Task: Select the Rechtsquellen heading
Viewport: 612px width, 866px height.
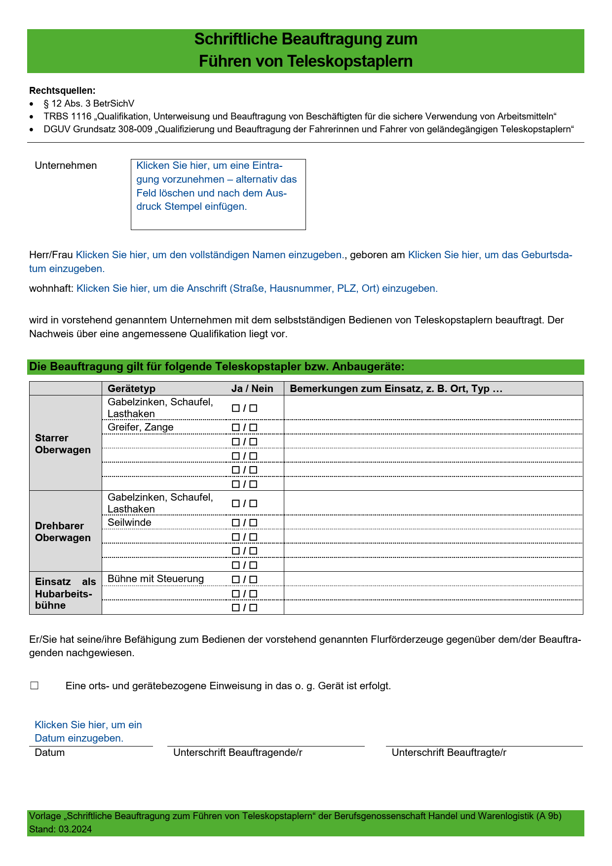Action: click(x=62, y=90)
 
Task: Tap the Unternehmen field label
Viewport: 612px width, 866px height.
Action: click(x=66, y=165)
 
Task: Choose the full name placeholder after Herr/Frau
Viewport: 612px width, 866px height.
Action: click(x=210, y=255)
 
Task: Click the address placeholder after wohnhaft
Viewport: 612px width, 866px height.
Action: click(x=257, y=288)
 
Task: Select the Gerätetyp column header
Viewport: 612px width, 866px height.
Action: click(x=131, y=389)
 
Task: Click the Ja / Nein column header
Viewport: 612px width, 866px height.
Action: click(x=252, y=389)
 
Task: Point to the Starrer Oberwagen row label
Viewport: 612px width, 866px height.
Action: click(x=63, y=444)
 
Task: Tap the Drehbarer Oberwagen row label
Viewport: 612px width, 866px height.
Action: click(x=63, y=532)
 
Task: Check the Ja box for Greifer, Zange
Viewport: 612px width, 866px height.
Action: click(x=236, y=428)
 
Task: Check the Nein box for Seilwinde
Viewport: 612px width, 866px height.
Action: click(x=254, y=523)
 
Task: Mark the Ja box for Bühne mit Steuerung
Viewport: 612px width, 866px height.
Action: click(x=236, y=580)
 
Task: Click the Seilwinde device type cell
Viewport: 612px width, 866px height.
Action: click(x=130, y=522)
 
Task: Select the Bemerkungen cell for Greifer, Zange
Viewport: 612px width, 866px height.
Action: click(x=433, y=427)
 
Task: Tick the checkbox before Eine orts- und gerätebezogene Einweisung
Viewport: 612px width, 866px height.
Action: click(x=34, y=686)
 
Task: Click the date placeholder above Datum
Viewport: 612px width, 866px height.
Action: click(x=88, y=731)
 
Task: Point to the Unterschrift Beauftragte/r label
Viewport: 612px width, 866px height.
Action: click(x=449, y=752)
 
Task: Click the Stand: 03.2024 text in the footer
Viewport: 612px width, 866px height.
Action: click(x=60, y=829)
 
